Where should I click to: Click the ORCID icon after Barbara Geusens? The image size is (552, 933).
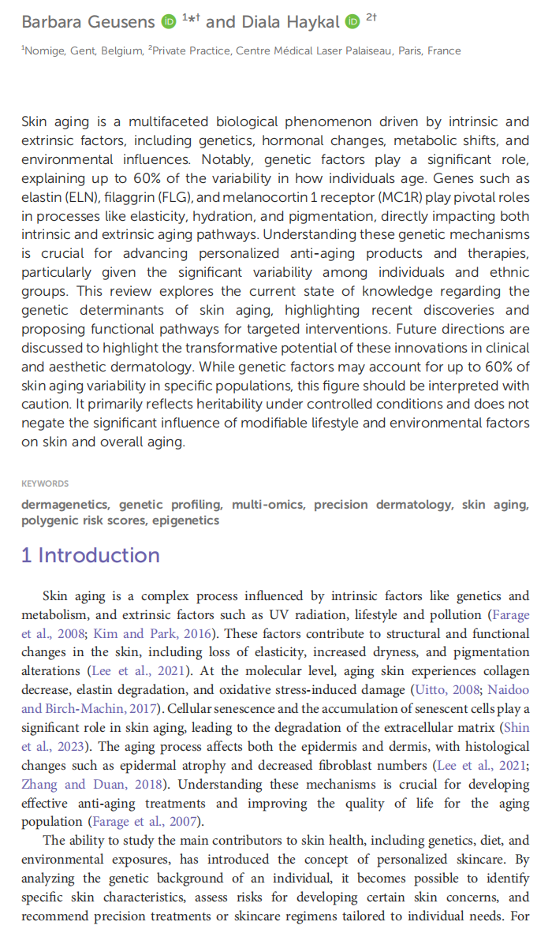coord(169,21)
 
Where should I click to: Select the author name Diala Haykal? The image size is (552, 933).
coord(290,21)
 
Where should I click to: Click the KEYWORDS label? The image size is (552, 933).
coord(45,483)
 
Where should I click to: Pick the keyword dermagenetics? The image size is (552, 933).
coord(65,505)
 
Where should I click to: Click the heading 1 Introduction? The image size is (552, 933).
coord(91,555)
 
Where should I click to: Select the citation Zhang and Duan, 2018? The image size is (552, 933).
coord(73,785)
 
